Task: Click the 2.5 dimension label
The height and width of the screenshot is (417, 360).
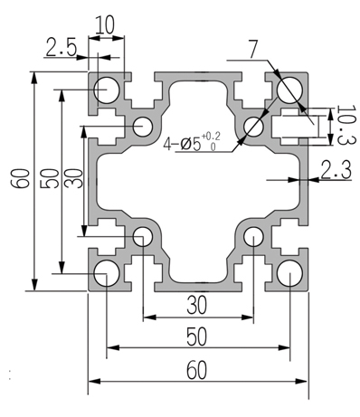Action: point(62,48)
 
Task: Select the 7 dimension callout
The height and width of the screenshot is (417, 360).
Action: point(253,49)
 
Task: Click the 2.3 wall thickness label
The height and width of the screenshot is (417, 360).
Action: point(336,170)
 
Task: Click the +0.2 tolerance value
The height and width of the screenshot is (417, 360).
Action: point(211,137)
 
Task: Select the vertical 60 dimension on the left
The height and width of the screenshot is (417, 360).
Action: point(20,178)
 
